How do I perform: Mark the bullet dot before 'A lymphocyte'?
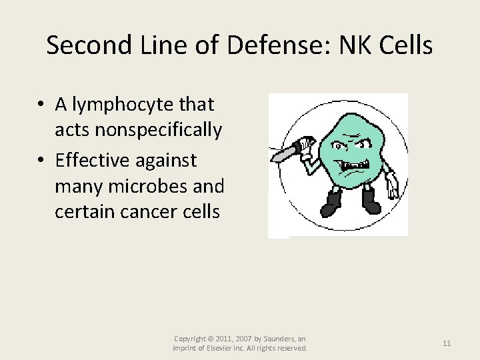(x=41, y=105)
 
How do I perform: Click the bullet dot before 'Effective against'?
(x=41, y=161)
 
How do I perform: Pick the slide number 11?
(x=447, y=343)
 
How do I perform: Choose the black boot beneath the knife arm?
(x=331, y=201)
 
